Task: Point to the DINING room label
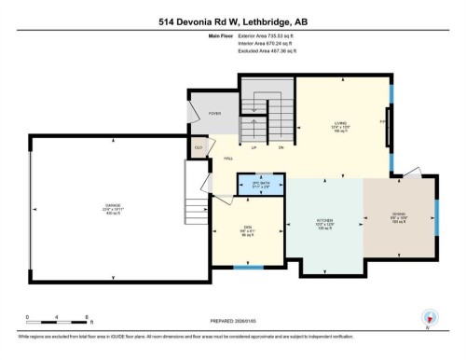click(397, 216)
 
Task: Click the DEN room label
click(246, 228)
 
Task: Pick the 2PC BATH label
click(261, 184)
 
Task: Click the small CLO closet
click(199, 147)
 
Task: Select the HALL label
click(227, 159)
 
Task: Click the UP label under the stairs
click(254, 147)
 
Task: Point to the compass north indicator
click(429, 317)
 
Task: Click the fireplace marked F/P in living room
click(386, 121)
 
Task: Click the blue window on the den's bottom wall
click(247, 269)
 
